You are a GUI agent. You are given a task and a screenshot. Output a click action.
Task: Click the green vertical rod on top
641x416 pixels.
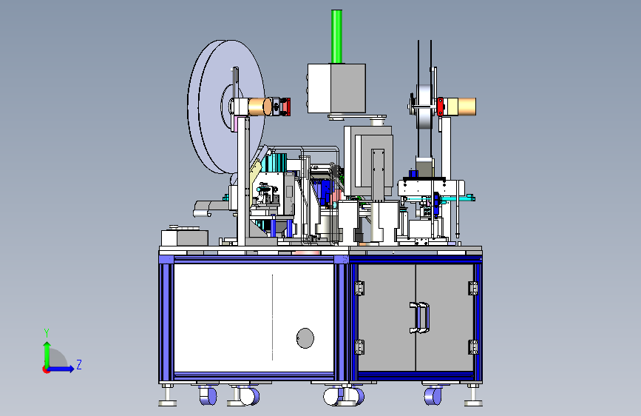coord(336,36)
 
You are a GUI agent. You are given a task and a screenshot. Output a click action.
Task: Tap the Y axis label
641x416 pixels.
coord(47,333)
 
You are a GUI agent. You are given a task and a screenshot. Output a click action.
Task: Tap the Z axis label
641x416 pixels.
coord(79,364)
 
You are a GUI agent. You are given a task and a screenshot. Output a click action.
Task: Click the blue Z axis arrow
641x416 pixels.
coord(61,369)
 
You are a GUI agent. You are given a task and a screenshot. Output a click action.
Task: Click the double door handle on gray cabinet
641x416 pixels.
coord(419,318)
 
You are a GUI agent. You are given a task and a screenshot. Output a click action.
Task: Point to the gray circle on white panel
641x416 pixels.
coord(305,338)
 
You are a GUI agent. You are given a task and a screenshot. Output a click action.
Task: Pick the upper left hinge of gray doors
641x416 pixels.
coord(359,288)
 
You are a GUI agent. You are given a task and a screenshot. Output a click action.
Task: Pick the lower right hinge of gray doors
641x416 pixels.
coord(473,347)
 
